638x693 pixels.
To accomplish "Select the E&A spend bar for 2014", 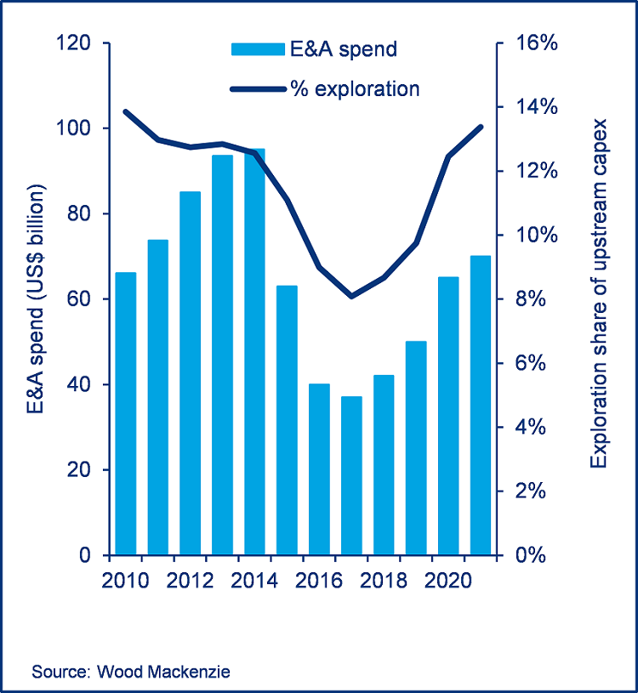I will tap(255, 352).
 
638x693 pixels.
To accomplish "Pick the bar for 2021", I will tap(481, 405).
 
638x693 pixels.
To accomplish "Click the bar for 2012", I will tap(191, 373).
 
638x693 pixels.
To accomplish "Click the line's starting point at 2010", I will tap(126, 111).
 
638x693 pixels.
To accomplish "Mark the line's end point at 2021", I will tap(481, 127).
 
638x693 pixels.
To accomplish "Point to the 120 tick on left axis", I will tap(73, 43).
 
